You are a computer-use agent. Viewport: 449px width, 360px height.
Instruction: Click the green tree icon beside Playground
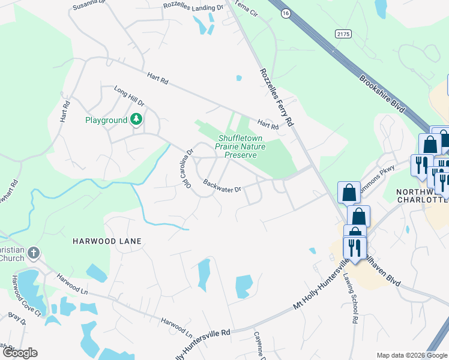tap(137, 120)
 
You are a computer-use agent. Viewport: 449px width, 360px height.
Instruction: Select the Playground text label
tap(106, 120)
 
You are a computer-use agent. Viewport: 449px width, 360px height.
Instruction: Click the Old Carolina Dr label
tap(185, 166)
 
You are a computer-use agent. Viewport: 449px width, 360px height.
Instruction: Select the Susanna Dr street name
tap(89, 7)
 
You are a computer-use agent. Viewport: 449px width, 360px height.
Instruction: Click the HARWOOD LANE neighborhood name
tap(107, 241)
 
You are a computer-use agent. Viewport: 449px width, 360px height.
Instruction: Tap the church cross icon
tap(34, 253)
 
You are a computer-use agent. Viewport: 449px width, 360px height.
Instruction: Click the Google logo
tap(20, 353)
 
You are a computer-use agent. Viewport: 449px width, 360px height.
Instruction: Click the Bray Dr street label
tap(18, 318)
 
